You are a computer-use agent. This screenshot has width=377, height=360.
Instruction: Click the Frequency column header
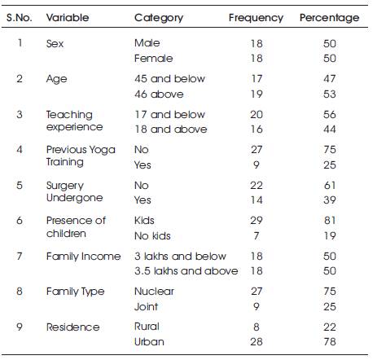coord(256,18)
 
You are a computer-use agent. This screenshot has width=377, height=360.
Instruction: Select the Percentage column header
coord(329,18)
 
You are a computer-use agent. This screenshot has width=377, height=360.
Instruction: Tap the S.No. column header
coord(20,18)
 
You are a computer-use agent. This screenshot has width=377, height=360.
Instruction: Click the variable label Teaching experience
coord(74,121)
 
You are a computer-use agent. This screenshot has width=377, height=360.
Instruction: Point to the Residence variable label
coord(72,327)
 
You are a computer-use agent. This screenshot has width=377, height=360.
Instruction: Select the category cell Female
coord(153,59)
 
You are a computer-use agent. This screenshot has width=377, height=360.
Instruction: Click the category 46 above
coord(159,94)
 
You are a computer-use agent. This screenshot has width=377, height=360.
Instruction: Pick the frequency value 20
coord(256,115)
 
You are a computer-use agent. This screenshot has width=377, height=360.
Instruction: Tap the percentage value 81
coord(330,220)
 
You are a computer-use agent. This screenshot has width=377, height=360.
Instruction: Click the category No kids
coord(152,236)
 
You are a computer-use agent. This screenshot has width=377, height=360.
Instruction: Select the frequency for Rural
coord(256,327)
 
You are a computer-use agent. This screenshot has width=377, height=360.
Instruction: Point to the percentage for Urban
coord(330,341)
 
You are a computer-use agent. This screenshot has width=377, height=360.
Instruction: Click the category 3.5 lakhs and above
coord(186,271)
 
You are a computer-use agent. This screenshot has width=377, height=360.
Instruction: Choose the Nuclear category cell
coord(154,292)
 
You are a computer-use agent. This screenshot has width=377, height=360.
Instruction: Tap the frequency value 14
coord(256,200)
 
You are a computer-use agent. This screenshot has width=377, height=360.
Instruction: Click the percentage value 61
coord(330,186)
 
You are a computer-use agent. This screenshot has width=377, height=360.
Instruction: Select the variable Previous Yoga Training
coord(81,156)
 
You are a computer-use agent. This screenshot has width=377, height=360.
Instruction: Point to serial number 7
coord(20,256)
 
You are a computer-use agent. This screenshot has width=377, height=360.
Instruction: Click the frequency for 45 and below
coord(256,79)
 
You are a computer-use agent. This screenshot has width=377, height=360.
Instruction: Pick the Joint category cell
coord(146,307)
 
